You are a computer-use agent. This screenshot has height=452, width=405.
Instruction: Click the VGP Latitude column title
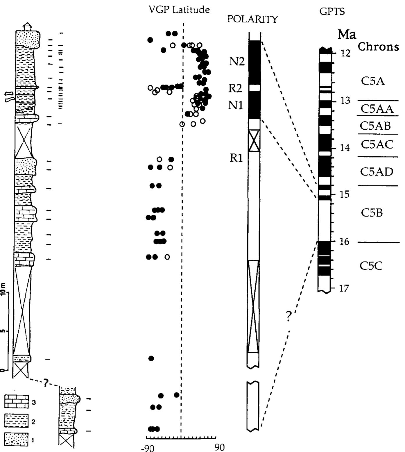pyautogui.click(x=179, y=10)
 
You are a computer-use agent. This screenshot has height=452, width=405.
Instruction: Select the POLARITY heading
pyautogui.click(x=252, y=19)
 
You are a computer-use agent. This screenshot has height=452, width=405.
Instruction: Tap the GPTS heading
pyautogui.click(x=332, y=12)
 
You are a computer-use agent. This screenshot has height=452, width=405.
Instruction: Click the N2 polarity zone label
pyautogui.click(x=237, y=62)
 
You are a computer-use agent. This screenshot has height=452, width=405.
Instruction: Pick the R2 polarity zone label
pyautogui.click(x=235, y=88)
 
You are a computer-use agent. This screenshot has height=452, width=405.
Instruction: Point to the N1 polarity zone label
pyautogui.click(x=235, y=105)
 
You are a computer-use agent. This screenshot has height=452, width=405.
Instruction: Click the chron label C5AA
pyautogui.click(x=377, y=109)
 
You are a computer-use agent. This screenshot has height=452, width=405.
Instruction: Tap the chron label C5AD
pyautogui.click(x=377, y=171)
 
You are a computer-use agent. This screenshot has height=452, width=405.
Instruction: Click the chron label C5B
pyautogui.click(x=372, y=213)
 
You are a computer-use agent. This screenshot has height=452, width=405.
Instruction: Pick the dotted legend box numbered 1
pyautogui.click(x=17, y=439)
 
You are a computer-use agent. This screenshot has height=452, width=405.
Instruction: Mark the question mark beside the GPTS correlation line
pyautogui.click(x=288, y=317)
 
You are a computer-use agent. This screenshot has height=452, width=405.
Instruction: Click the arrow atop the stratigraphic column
pyautogui.click(x=26, y=26)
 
